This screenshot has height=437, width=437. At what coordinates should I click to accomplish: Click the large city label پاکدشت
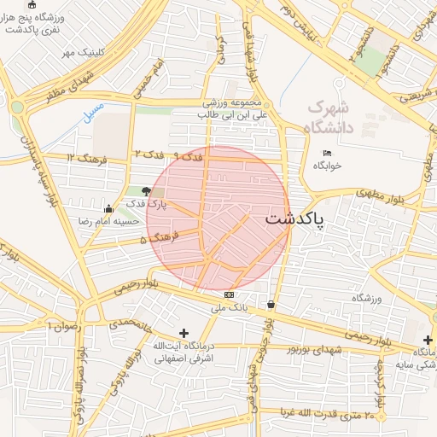point(295,219)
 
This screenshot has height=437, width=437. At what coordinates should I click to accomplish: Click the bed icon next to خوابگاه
point(328,154)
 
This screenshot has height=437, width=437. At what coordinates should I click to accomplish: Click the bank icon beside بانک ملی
point(227,294)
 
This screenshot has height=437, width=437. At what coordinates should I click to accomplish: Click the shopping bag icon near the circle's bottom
point(271,304)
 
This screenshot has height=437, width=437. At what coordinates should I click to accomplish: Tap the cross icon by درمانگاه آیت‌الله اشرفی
point(184,333)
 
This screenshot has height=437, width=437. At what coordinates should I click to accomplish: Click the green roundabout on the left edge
point(17,108)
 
